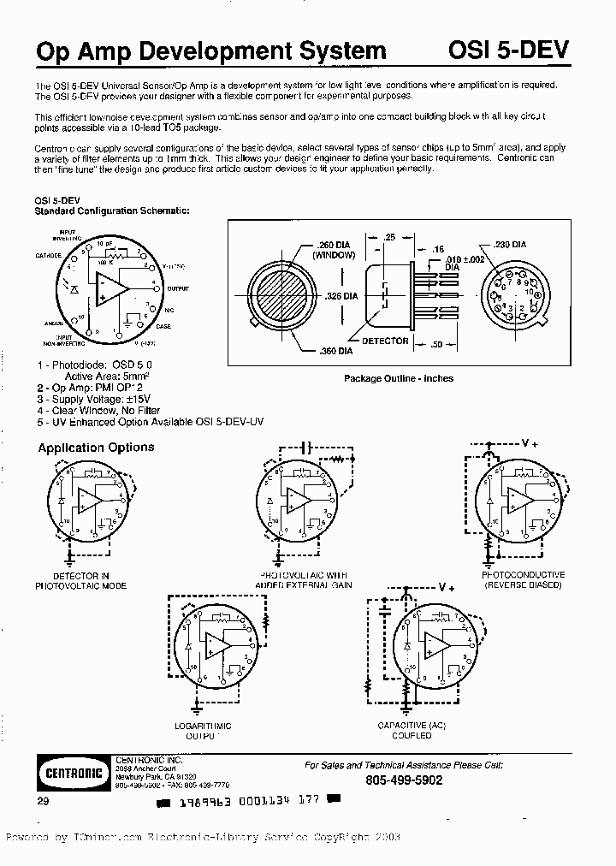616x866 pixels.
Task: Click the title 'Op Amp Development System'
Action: [210, 52]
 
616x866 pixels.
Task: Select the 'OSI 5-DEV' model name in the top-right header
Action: [508, 51]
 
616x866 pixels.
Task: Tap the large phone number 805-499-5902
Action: [404, 780]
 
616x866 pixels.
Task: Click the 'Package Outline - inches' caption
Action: [398, 378]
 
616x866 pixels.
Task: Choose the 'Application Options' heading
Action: [96, 448]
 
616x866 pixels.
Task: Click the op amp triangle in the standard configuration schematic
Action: [111, 288]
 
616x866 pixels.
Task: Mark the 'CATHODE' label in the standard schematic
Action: [48, 255]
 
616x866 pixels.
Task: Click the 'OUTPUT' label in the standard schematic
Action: [177, 288]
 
